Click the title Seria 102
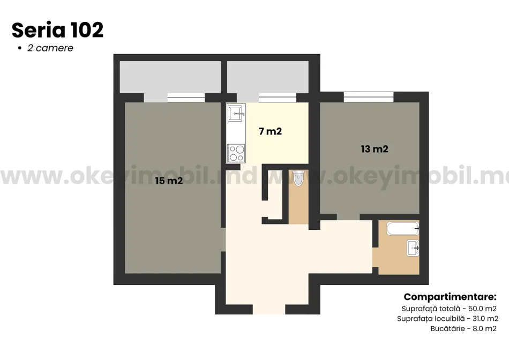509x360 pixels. click(57, 30)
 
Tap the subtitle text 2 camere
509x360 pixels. click(50, 48)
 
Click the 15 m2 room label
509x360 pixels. click(169, 181)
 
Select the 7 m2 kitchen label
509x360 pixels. click(270, 131)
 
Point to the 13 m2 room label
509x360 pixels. click(375, 149)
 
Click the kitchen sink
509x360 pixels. click(236, 113)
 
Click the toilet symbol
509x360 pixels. click(298, 178)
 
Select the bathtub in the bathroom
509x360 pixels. click(403, 229)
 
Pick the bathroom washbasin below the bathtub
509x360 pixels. click(413, 249)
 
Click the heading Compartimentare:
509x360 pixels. click(450, 297)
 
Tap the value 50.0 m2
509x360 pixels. click(482, 309)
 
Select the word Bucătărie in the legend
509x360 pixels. click(447, 328)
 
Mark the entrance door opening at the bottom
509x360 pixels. click(269, 310)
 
